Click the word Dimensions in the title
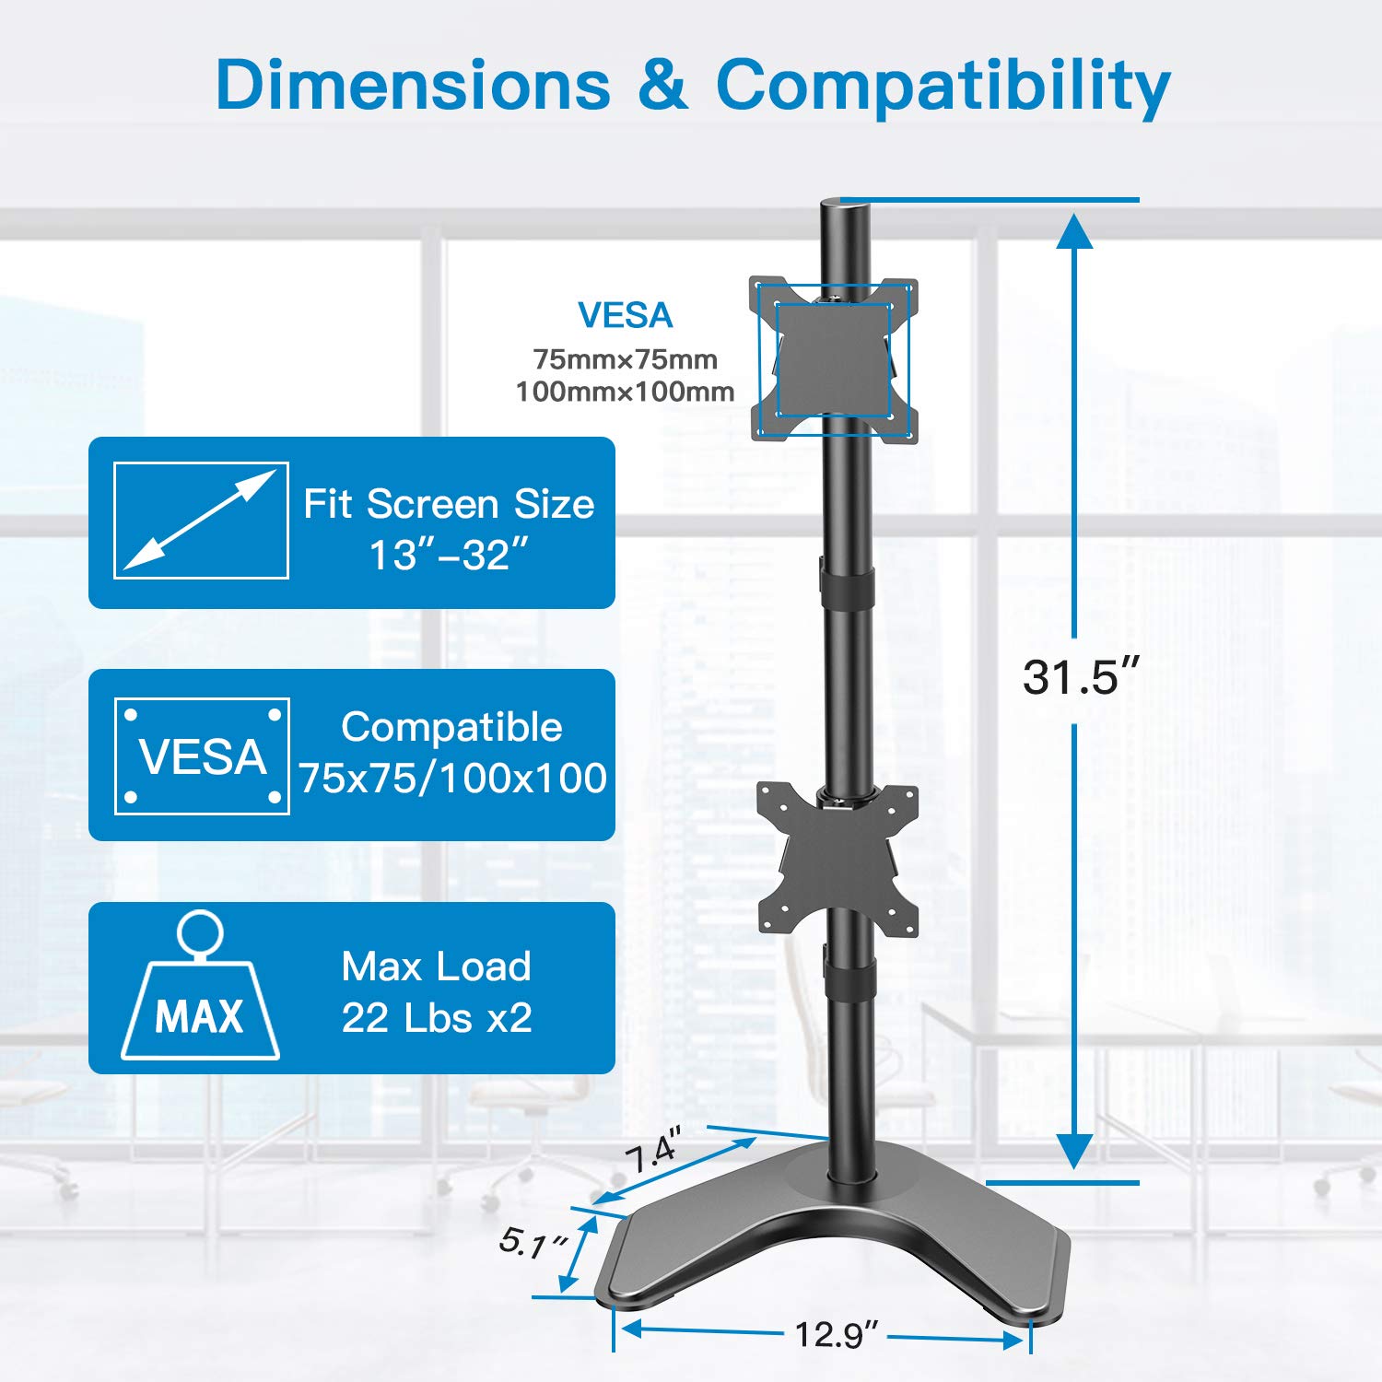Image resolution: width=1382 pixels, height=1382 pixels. [x=413, y=85]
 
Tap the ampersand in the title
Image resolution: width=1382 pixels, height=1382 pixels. [x=662, y=85]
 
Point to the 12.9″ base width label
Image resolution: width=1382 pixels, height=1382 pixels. [x=836, y=1334]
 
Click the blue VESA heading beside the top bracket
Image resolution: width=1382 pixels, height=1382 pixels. [x=625, y=316]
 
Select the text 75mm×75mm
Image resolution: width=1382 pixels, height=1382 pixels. [x=625, y=359]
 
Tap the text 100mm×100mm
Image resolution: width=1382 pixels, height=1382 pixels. [x=625, y=392]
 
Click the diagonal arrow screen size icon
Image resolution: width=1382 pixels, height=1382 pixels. [x=201, y=521]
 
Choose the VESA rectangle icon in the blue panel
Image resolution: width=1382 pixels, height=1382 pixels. [x=202, y=756]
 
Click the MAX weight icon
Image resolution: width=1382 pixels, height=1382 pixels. [x=200, y=990]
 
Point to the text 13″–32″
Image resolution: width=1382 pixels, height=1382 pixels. [x=449, y=556]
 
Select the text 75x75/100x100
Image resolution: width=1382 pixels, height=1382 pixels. [x=452, y=779]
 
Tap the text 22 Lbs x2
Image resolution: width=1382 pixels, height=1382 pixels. [x=437, y=1018]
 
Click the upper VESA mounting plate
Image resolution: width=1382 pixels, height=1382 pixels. [x=834, y=359]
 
